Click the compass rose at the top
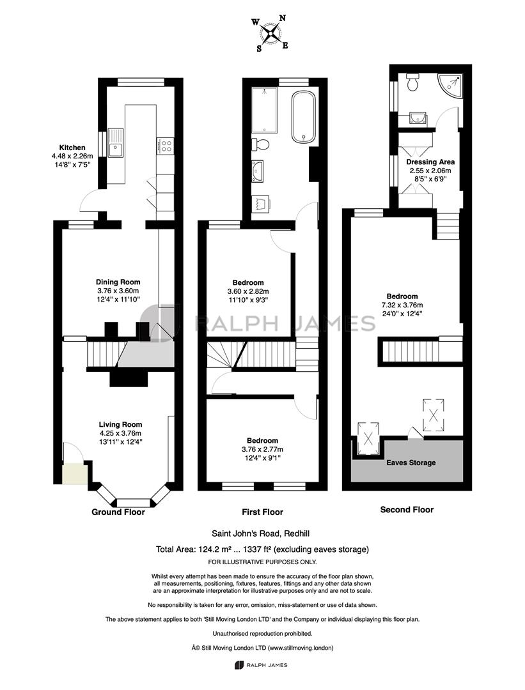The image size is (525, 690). click(270, 33)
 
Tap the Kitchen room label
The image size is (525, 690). click(72, 148)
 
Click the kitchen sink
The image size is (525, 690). click(115, 142)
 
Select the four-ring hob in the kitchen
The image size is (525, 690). click(166, 146)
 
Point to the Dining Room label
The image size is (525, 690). click(118, 282)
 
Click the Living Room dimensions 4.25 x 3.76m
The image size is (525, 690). click(120, 433)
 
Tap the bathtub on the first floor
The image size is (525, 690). click(304, 117)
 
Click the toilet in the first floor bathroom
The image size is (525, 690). click(261, 144)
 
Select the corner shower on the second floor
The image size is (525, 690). click(450, 86)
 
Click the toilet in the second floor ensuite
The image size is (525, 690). click(412, 82)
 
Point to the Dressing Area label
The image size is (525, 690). click(430, 162)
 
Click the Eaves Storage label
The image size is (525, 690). click(411, 463)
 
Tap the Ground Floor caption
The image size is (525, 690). click(118, 512)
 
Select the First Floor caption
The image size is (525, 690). click(262, 512)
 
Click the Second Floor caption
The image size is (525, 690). click(407, 510)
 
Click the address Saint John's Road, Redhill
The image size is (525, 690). click(261, 533)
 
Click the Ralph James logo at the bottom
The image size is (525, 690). click(261, 665)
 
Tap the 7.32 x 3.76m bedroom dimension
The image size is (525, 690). click(402, 305)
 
